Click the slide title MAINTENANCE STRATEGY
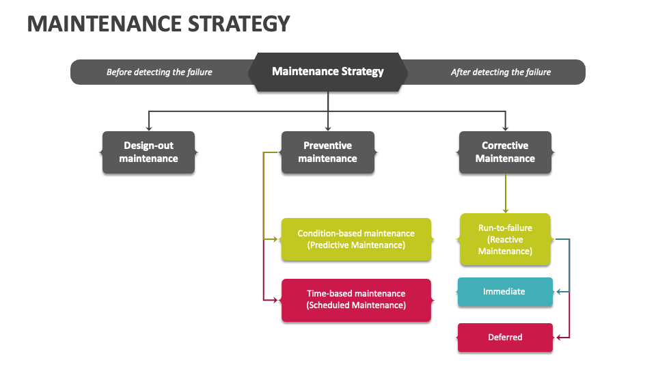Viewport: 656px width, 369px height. [159, 24]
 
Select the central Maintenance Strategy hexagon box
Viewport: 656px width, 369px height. [328, 72]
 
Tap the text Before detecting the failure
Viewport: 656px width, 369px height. [159, 72]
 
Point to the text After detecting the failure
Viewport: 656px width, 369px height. [501, 72]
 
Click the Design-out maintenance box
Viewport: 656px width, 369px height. [149, 152]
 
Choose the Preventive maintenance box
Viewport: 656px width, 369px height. [328, 152]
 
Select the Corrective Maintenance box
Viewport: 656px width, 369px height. [505, 152]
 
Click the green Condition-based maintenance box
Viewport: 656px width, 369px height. [356, 239]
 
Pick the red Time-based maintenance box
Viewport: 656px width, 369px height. [356, 300]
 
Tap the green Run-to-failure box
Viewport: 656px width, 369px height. [505, 239]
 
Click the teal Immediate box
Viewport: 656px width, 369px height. [504, 292]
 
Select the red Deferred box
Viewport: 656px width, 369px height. [505, 338]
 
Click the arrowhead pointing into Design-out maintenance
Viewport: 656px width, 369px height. [149, 127]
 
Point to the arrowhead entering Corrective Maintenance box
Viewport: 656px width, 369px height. [506, 127]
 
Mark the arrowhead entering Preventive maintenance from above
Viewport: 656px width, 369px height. [328, 127]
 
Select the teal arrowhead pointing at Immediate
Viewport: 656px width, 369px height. [559, 292]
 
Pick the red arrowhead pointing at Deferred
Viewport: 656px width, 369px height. [559, 338]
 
